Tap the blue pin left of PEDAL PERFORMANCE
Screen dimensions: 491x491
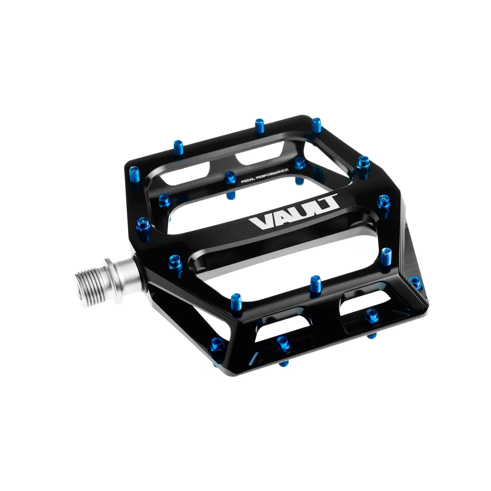(230, 177)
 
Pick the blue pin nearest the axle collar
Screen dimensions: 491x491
(175, 262)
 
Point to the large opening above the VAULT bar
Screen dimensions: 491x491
(254, 193)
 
